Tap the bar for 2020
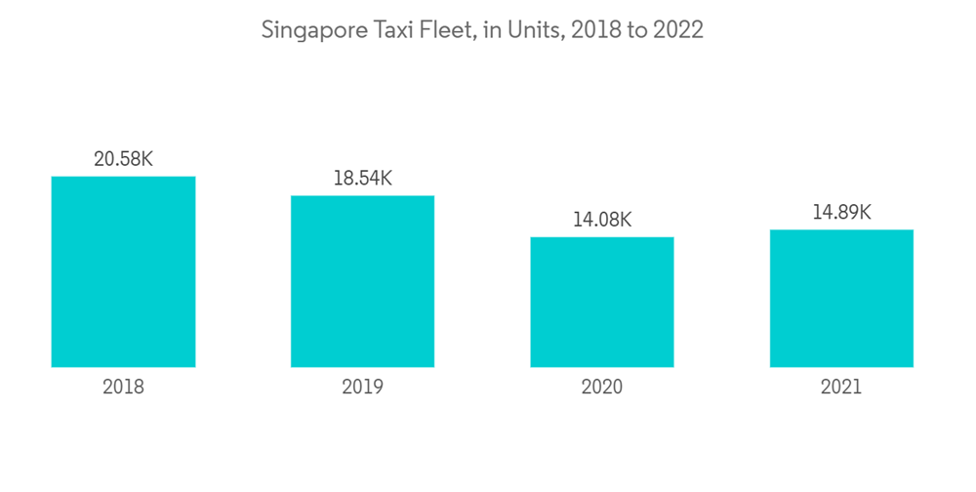tap(602, 302)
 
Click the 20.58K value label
tap(123, 158)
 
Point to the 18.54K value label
tap(362, 178)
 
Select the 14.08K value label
tap(602, 220)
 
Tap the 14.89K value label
tap(841, 212)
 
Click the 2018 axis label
tap(123, 387)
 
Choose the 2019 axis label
tap(362, 387)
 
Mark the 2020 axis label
tap(602, 387)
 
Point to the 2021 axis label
tap(841, 387)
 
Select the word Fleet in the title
tap(445, 30)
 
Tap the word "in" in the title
tap(492, 30)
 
